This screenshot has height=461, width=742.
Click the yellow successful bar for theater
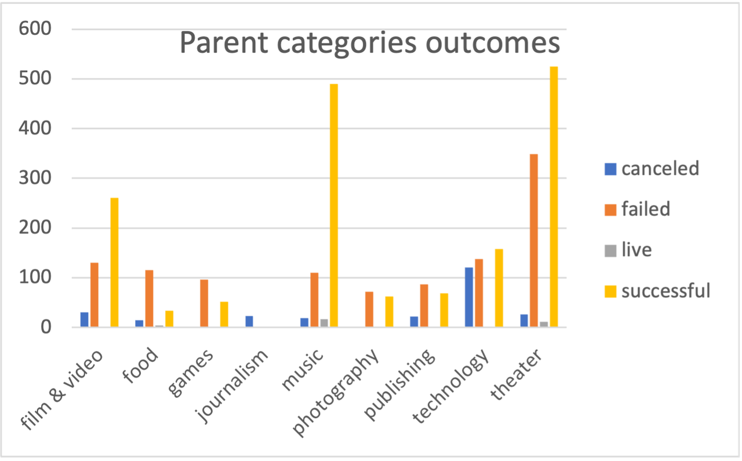(554, 197)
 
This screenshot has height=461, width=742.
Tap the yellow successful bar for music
(334, 206)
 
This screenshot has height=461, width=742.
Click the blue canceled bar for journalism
(249, 321)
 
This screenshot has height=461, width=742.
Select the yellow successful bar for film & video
(114, 262)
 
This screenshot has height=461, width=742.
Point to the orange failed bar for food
(150, 298)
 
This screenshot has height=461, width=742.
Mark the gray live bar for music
(324, 323)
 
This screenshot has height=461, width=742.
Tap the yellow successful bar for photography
(389, 312)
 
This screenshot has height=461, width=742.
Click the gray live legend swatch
(610, 250)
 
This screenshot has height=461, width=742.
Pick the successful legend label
(665, 290)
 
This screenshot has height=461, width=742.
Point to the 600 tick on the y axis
(35, 29)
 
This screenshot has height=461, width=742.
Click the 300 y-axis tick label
(35, 178)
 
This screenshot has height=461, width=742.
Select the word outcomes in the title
(490, 44)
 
